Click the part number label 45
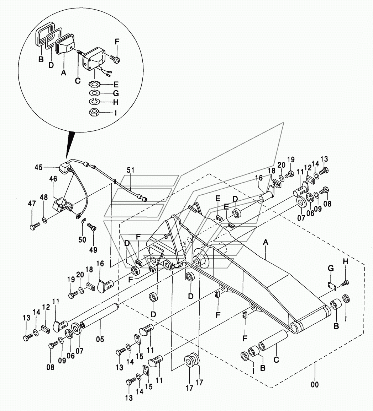[x=38, y=167]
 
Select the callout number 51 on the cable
[x=131, y=170]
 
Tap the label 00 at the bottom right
[x=315, y=384]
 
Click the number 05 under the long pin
[x=100, y=339]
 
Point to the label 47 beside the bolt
[x=32, y=203]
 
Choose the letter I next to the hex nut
[x=115, y=113]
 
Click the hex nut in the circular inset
[x=93, y=113]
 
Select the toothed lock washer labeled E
[x=93, y=85]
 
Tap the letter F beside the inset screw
[x=117, y=42]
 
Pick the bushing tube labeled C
[x=273, y=341]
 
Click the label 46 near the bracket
[x=53, y=179]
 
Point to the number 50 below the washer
[x=82, y=239]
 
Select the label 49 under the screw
[x=93, y=250]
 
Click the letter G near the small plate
[x=331, y=269]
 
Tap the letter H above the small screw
[x=346, y=261]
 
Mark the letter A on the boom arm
[x=266, y=243]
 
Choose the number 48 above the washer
[x=44, y=198]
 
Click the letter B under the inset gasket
[x=41, y=59]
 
